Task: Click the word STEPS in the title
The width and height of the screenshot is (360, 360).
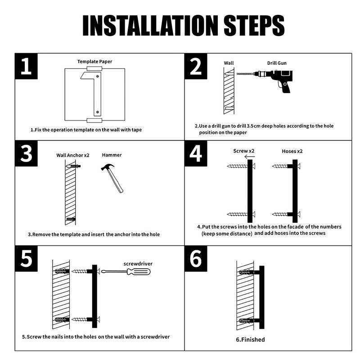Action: [x=254, y=26]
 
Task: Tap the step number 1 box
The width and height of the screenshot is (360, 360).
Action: [x=26, y=66]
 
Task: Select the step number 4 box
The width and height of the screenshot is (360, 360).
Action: [x=196, y=153]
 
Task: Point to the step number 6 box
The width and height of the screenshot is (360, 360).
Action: [x=196, y=258]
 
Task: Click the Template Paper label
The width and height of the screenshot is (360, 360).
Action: [x=94, y=62]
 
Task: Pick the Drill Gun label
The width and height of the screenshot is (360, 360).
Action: [x=277, y=63]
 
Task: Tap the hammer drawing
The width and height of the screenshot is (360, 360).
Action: [x=112, y=178]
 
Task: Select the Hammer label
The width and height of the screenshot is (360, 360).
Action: [x=112, y=155]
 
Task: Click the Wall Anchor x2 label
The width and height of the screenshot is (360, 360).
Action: [x=73, y=155]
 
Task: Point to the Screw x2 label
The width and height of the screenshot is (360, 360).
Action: [x=243, y=151]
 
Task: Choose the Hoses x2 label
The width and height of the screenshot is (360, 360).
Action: [x=292, y=151]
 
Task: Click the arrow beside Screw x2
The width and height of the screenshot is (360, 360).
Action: [x=250, y=157]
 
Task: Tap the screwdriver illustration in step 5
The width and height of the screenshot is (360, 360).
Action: [x=126, y=272]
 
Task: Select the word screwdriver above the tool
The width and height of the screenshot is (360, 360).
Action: [x=138, y=264]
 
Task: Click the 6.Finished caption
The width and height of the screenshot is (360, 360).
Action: [x=250, y=340]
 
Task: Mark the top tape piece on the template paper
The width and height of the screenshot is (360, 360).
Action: [x=94, y=68]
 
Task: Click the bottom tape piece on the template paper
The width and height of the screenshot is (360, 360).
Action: [x=94, y=120]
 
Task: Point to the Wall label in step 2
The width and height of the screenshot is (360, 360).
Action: [x=229, y=63]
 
